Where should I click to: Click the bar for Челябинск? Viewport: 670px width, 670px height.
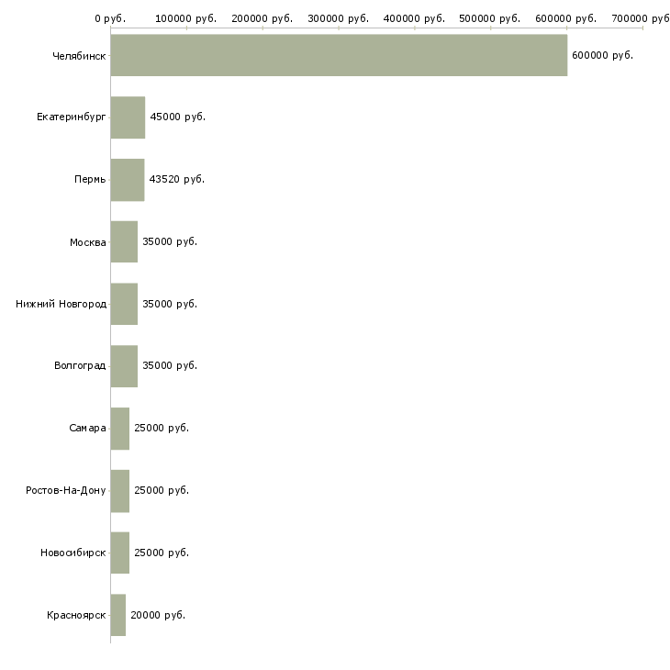[339, 55]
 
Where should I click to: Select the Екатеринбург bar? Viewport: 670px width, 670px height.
[128, 117]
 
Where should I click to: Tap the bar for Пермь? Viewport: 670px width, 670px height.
[127, 179]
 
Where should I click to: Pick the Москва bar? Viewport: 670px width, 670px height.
[124, 241]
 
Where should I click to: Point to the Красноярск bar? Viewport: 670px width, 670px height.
[117, 615]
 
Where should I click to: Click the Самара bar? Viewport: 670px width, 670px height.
[119, 428]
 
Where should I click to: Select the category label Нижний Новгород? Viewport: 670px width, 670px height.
[61, 304]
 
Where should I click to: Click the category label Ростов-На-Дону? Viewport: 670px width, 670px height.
[66, 490]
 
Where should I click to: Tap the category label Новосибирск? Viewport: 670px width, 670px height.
[73, 553]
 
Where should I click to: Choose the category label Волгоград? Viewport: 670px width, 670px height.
[80, 366]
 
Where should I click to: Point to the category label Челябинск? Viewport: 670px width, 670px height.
[80, 56]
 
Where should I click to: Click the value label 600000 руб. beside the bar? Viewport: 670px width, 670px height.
[602, 56]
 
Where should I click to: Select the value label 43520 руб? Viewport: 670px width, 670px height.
[177, 179]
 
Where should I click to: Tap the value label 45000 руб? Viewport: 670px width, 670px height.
[177, 117]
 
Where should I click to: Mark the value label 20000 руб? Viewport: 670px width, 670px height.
[158, 615]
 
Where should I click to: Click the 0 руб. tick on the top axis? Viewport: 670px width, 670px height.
[110, 17]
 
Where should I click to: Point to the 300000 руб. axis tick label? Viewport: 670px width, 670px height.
[338, 17]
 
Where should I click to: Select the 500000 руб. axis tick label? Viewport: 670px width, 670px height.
[490, 17]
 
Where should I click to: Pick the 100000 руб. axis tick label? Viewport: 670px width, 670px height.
[186, 17]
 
